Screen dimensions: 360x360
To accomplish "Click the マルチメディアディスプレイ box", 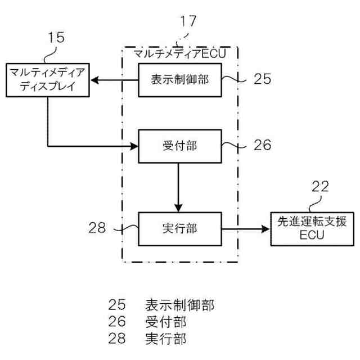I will coord(47,80).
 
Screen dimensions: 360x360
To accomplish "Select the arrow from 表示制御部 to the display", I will coord(115,80).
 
